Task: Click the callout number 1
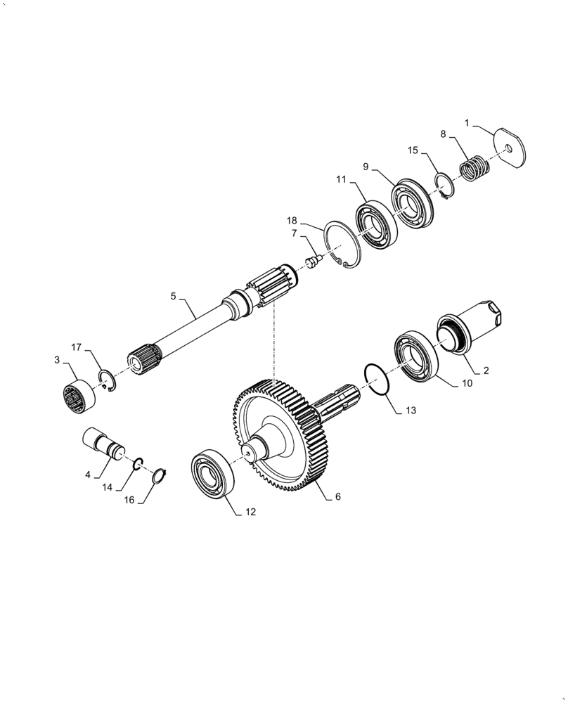tap(467, 124)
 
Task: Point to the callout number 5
tap(174, 297)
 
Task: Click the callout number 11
tap(341, 180)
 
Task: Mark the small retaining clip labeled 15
tap(443, 184)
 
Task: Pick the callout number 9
tap(366, 166)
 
